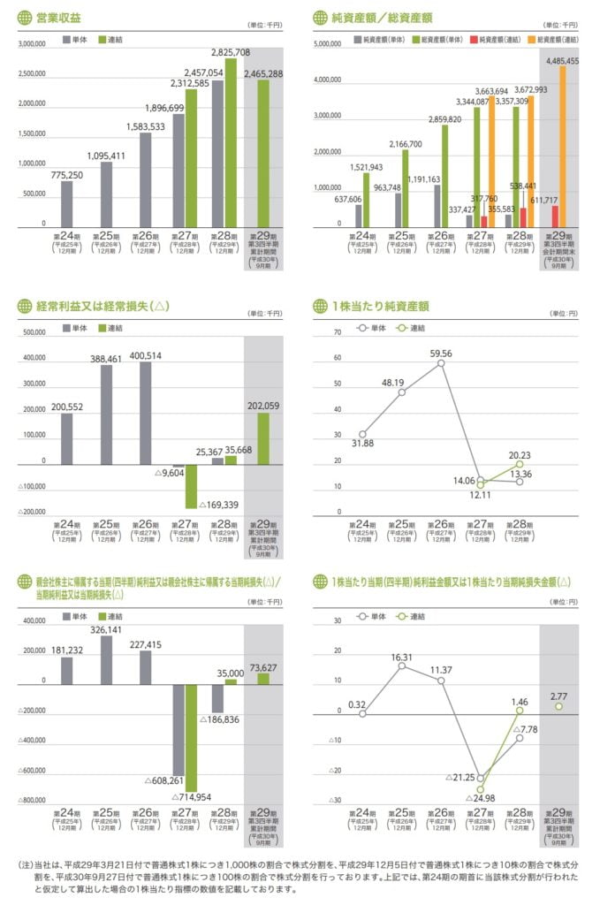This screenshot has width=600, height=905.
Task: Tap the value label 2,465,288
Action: (x=263, y=74)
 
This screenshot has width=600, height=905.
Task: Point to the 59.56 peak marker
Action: (x=440, y=363)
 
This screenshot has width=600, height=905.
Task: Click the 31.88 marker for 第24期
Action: (x=362, y=434)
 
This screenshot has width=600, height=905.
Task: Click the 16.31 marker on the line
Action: (x=401, y=665)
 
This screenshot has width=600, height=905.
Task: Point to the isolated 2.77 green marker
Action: (x=558, y=706)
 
